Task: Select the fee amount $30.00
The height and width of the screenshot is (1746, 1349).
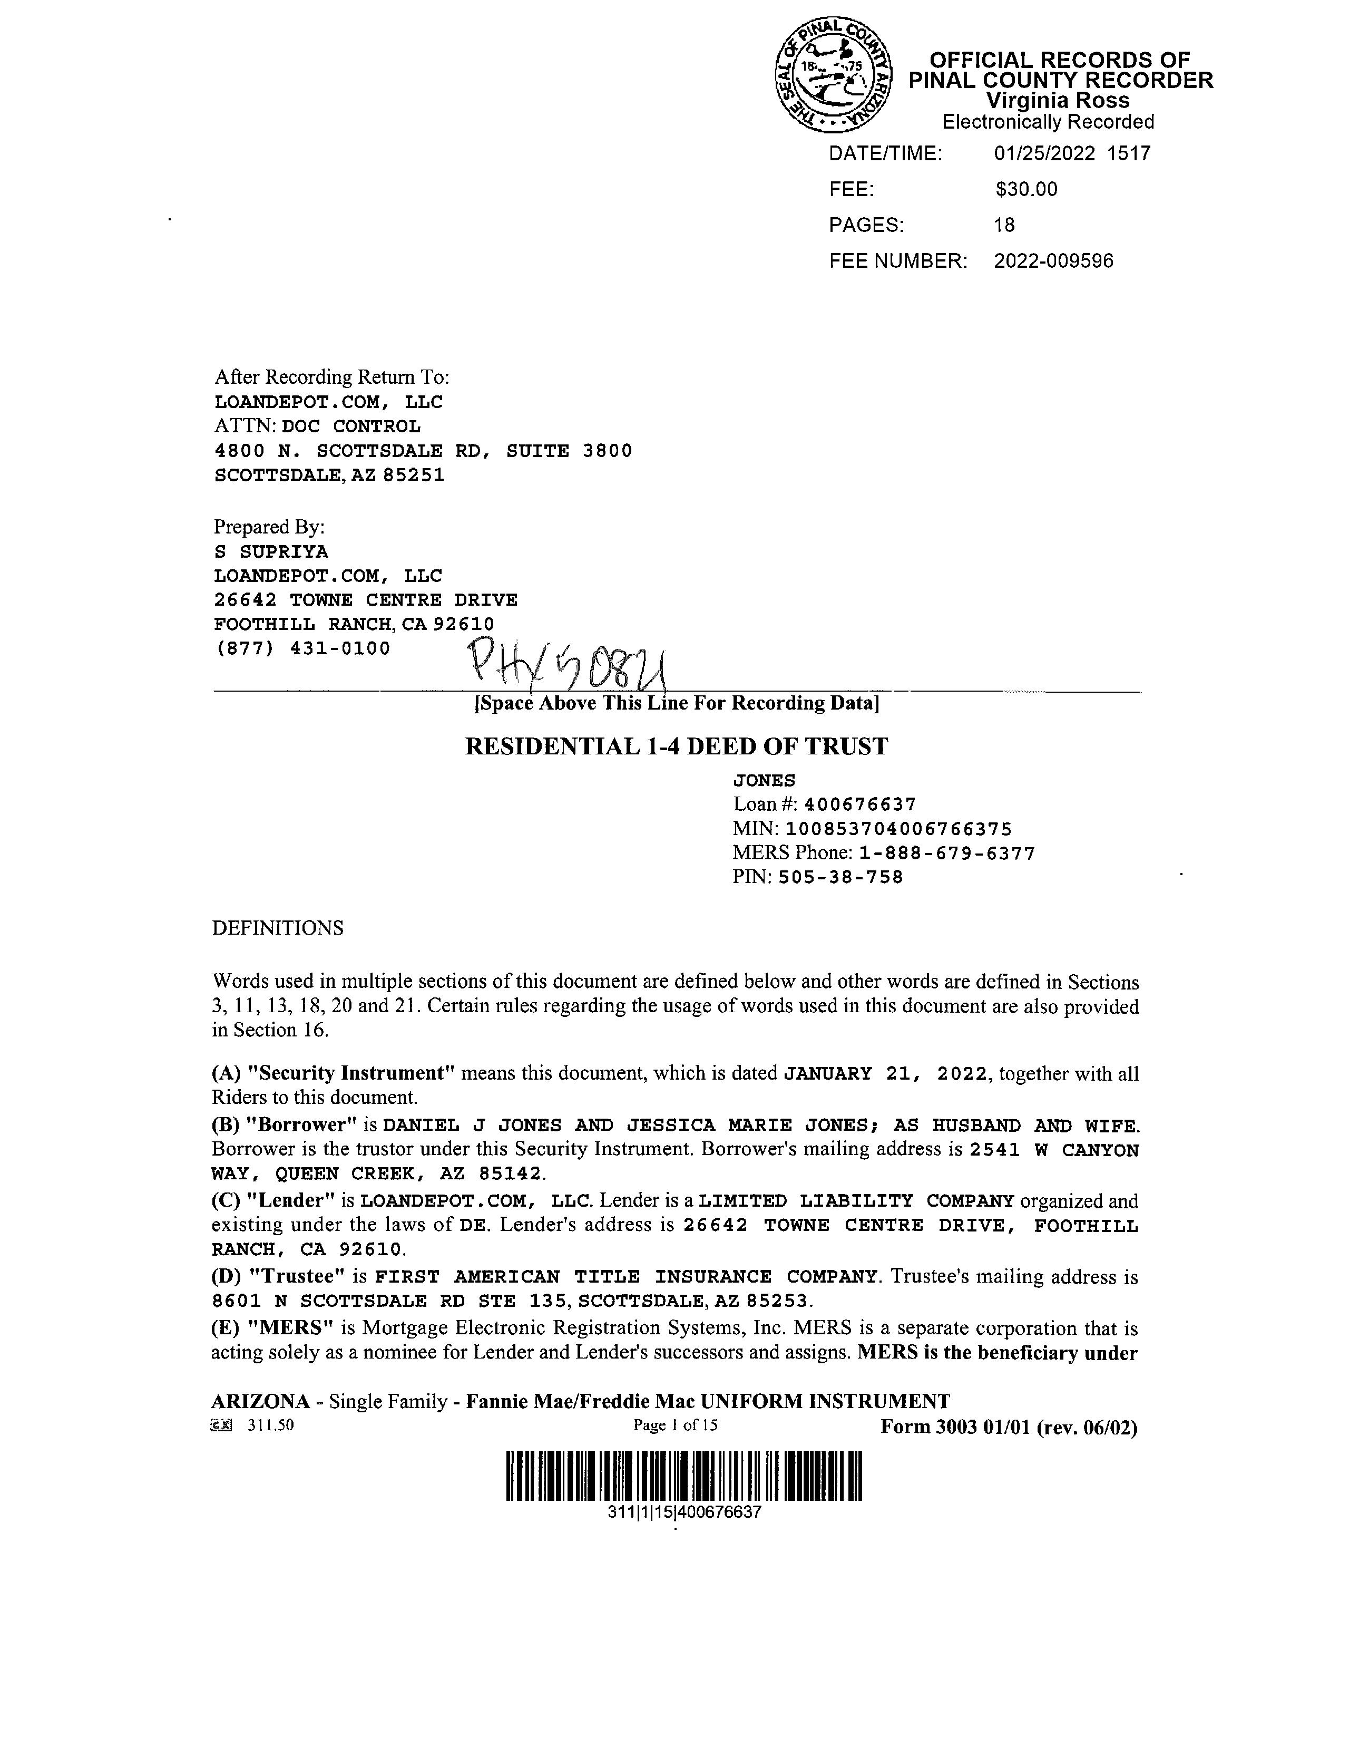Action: tap(1026, 189)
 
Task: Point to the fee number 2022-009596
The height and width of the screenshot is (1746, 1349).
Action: tap(1053, 261)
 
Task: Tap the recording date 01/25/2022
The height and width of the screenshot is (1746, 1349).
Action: tap(1044, 153)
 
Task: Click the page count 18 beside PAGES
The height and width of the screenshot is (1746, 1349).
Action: tap(1004, 226)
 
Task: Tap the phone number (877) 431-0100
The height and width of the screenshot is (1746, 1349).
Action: tap(303, 648)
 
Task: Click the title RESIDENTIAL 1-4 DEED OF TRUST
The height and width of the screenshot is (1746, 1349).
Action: tap(676, 746)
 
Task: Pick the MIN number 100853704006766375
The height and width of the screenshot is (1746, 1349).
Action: tap(898, 829)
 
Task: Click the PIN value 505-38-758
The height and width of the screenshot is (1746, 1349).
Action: tap(840, 877)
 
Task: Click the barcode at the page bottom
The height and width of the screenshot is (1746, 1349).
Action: tap(684, 1475)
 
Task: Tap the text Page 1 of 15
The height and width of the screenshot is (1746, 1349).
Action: tap(676, 1424)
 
